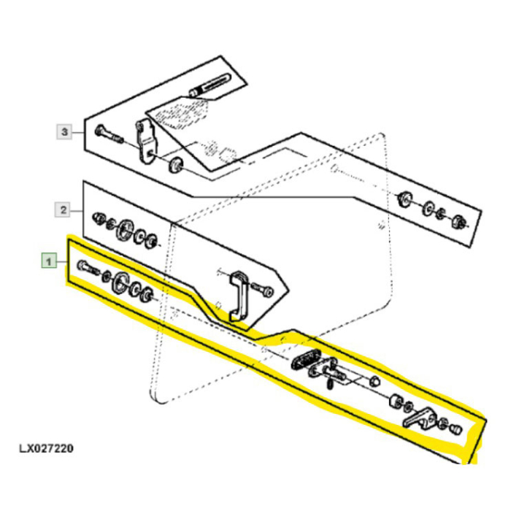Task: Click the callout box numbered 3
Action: pyautogui.click(x=65, y=132)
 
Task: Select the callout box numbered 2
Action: pyautogui.click(x=63, y=210)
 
